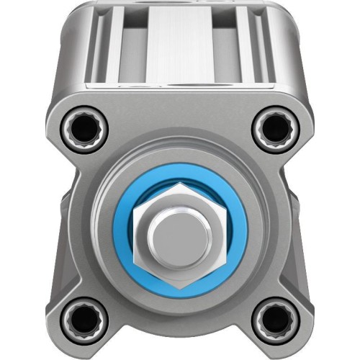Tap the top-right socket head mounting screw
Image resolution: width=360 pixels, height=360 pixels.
tap(274, 129)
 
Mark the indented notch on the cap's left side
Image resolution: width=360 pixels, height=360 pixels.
tap(63, 216)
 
